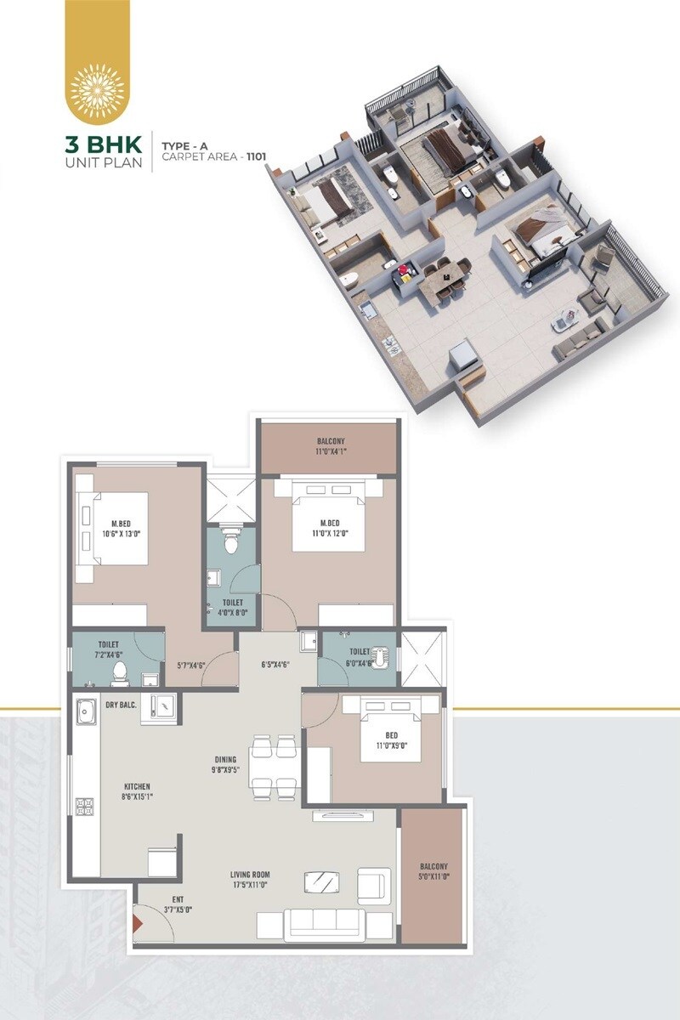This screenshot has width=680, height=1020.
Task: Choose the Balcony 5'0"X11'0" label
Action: point(432,874)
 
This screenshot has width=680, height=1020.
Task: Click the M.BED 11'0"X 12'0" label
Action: point(328,529)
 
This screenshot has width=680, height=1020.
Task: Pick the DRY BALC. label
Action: point(122,705)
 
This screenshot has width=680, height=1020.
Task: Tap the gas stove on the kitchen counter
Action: point(85,805)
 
